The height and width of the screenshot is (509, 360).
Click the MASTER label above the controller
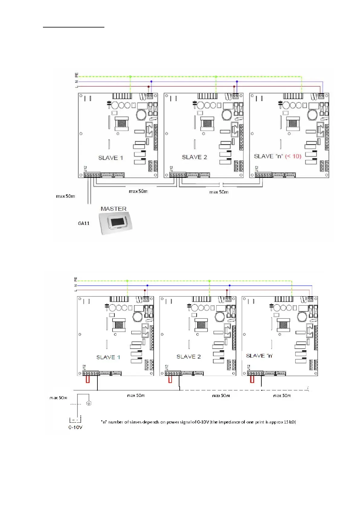pyautogui.click(x=113, y=209)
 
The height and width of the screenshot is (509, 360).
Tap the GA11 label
pyautogui.click(x=84, y=223)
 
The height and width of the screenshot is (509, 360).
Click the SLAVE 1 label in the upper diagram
pyautogui.click(x=110, y=158)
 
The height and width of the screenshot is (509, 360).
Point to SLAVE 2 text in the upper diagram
pyautogui.click(x=194, y=157)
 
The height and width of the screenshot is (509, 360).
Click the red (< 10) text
pyautogui.click(x=293, y=156)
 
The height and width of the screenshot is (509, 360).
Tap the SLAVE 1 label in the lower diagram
pyautogui.click(x=108, y=357)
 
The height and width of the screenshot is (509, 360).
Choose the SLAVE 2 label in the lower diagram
pyautogui.click(x=188, y=357)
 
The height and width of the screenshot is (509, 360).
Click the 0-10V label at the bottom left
pyautogui.click(x=75, y=427)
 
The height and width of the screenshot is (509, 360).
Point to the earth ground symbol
pyautogui.click(x=89, y=403)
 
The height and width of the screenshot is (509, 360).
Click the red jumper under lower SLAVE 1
pyautogui.click(x=87, y=379)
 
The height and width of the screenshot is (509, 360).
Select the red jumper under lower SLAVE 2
pyautogui.click(x=170, y=379)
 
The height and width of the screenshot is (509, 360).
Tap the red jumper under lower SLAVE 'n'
pyautogui.click(x=252, y=379)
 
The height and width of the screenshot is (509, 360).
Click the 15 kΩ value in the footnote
pyautogui.click(x=290, y=422)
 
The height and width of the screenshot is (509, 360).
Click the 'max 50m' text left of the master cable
pyautogui.click(x=65, y=196)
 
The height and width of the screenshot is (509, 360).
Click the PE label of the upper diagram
pyautogui.click(x=77, y=74)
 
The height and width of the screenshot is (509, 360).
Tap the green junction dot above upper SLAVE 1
pyautogui.click(x=130, y=77)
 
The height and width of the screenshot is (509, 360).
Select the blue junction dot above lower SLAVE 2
pyautogui.click(x=230, y=285)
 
